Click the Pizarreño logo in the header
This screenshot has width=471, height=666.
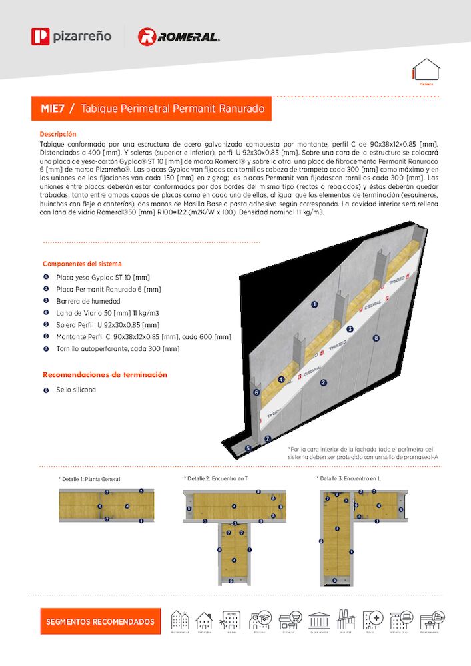pos(71,36)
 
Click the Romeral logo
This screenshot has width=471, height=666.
pos(178,37)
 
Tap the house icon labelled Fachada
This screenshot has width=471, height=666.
pos(426,71)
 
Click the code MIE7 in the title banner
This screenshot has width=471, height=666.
pos(53,108)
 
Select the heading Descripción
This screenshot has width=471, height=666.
pos(58,134)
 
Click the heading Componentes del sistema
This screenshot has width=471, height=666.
pos(82,264)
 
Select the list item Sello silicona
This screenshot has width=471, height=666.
pos(75,390)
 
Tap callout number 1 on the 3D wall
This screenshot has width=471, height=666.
pos(314,304)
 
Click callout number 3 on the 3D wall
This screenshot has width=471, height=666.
pos(350,329)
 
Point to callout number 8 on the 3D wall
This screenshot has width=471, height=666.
pos(376,338)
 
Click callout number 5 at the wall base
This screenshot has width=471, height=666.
pos(248,448)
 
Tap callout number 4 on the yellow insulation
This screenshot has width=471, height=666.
pos(282,379)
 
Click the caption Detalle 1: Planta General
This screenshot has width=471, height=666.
pos(91,479)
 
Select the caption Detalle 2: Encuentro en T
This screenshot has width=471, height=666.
pos(217,478)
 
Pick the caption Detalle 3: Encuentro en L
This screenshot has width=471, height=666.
pos(349,478)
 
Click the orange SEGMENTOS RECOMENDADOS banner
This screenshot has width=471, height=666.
pos(100,621)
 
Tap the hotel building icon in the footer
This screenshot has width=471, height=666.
pos(233,621)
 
